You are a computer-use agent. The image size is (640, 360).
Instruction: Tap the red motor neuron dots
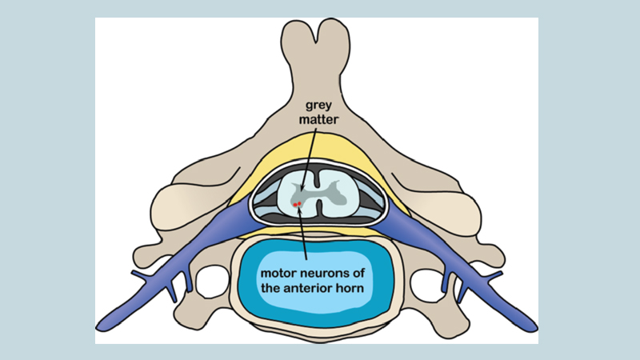297,205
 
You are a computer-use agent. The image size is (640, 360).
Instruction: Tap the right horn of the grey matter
346,192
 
